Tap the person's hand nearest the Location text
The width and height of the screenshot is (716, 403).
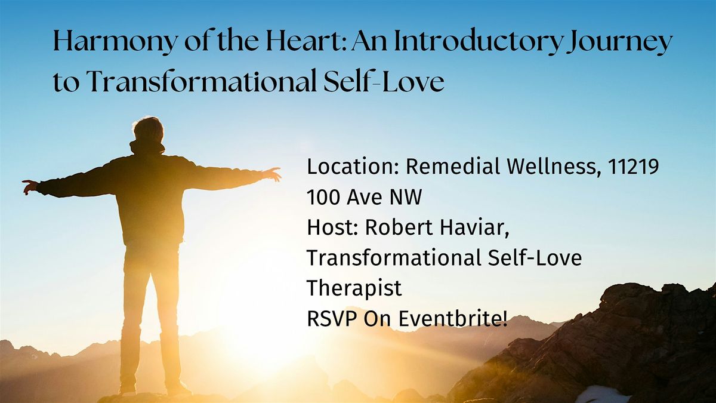coord(273,174)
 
